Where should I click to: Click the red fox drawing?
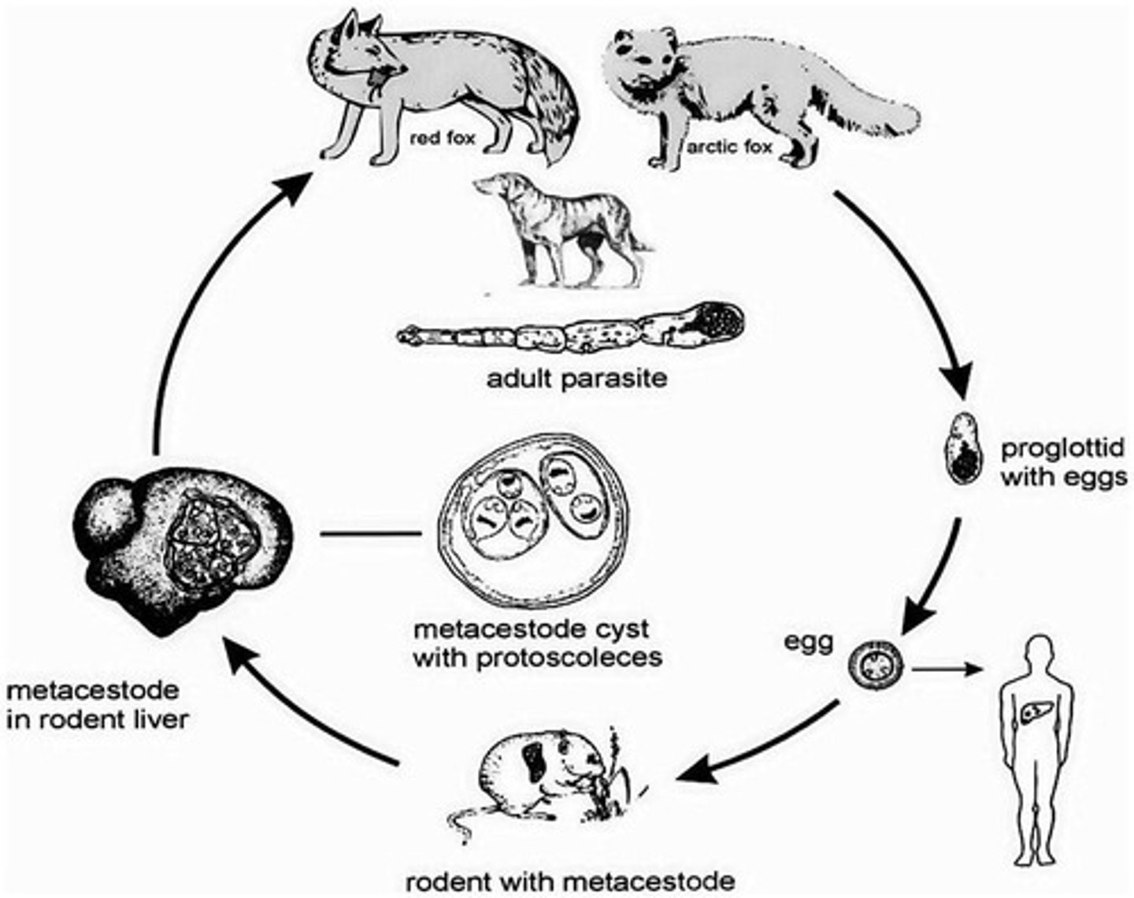[x=441, y=87]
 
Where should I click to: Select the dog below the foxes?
[x=559, y=228]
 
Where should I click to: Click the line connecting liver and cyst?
[x=370, y=535]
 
